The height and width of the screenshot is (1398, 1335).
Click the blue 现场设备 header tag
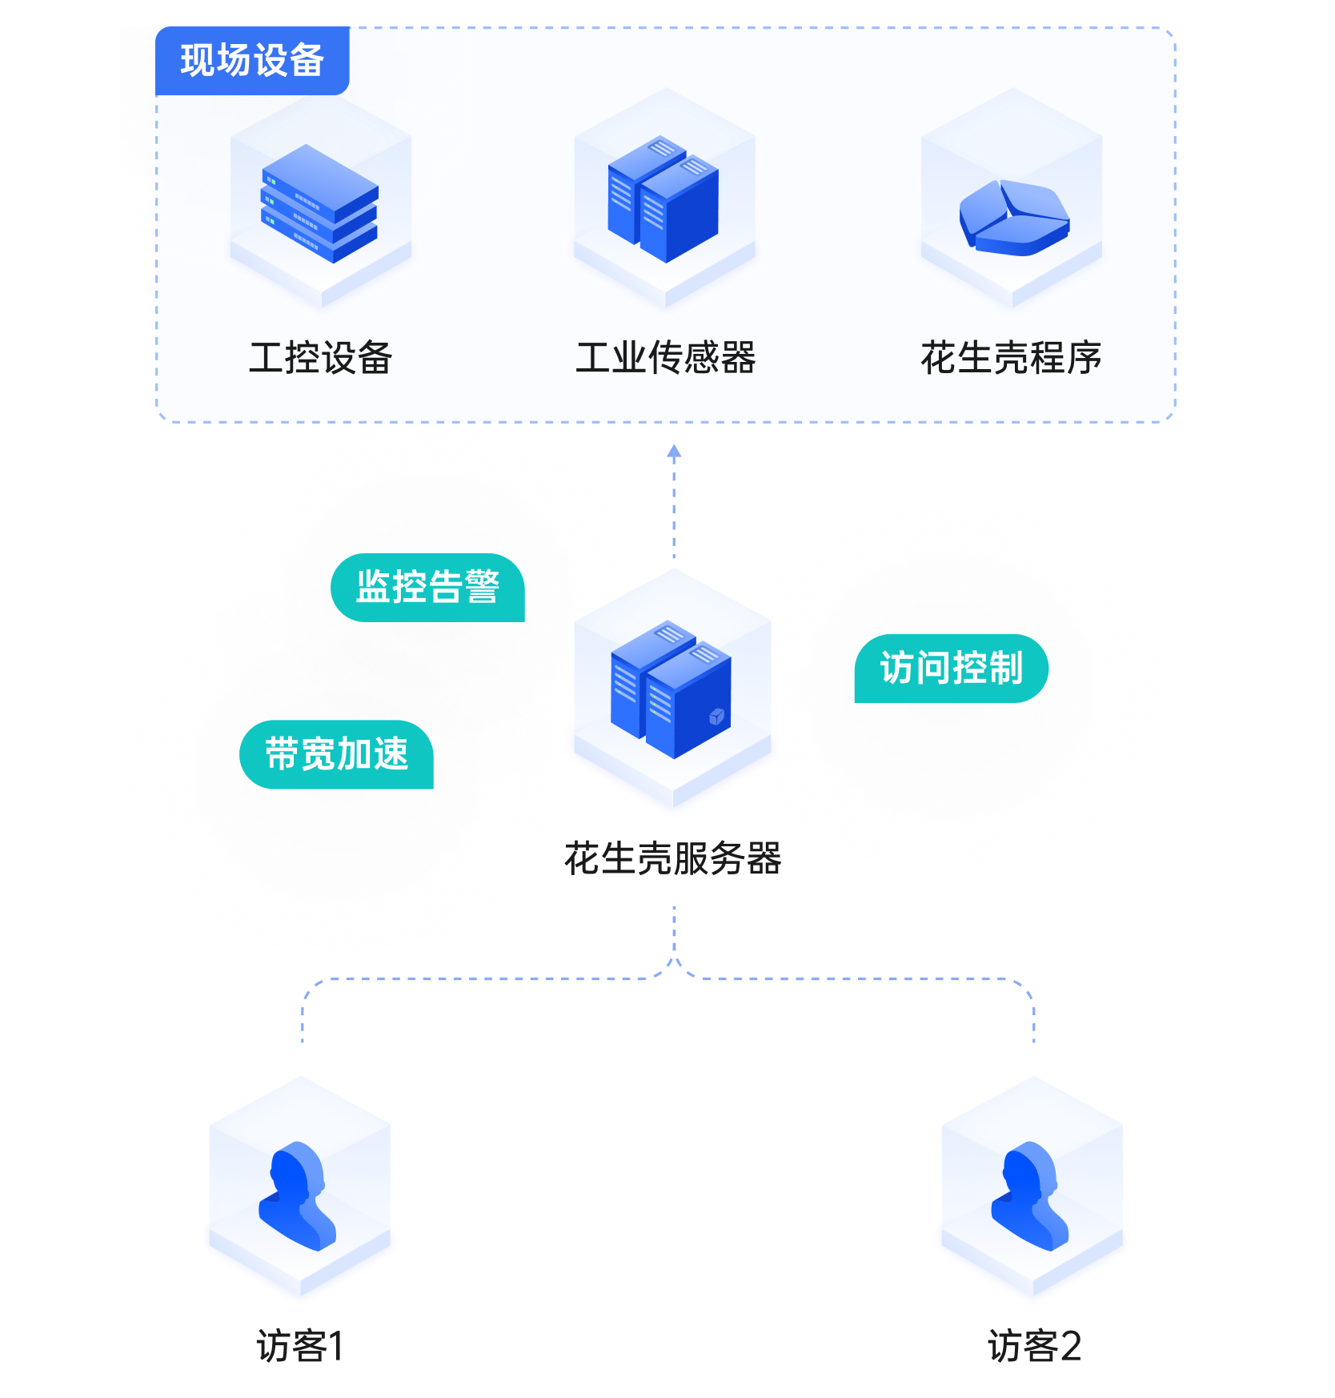click(252, 61)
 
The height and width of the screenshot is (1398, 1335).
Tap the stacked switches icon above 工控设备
click(319, 203)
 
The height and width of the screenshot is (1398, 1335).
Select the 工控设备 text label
click(320, 358)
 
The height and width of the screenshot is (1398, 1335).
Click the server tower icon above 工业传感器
click(663, 200)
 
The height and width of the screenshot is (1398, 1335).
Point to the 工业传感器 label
click(665, 358)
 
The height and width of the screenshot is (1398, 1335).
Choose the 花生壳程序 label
click(1011, 358)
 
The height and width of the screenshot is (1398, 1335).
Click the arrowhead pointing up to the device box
click(674, 452)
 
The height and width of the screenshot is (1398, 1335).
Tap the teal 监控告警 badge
click(427, 588)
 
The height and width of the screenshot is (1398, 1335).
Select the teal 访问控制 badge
click(951, 669)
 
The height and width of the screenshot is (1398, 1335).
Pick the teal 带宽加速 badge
click(336, 754)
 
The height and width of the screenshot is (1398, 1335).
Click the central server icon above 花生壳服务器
click(671, 689)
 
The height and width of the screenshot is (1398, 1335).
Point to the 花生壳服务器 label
click(672, 858)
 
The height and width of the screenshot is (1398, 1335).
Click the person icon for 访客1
click(298, 1195)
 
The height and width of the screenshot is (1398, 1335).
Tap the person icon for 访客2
click(1031, 1195)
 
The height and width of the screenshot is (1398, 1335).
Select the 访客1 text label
click(300, 1346)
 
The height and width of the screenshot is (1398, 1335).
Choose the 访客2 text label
click(1034, 1346)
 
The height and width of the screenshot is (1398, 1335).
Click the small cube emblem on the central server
click(716, 717)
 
